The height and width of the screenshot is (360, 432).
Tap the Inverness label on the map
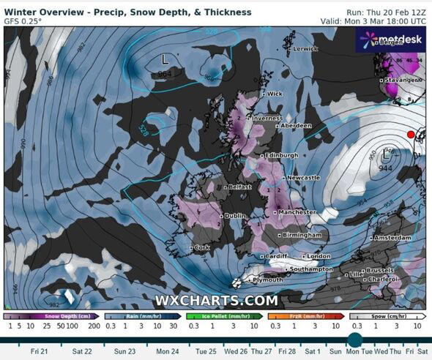(269, 117)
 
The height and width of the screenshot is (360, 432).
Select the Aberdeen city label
(297, 126)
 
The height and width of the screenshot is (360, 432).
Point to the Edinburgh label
(282, 155)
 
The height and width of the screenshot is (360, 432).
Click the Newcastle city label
(302, 178)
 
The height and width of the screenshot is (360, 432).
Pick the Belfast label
(239, 187)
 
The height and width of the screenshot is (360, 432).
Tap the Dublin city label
(236, 216)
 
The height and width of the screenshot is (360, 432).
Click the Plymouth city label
(267, 280)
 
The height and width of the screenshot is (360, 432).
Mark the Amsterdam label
(392, 239)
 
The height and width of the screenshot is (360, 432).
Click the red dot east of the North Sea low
(411, 134)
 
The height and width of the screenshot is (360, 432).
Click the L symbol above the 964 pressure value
(165, 57)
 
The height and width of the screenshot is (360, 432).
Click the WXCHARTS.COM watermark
(216, 300)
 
